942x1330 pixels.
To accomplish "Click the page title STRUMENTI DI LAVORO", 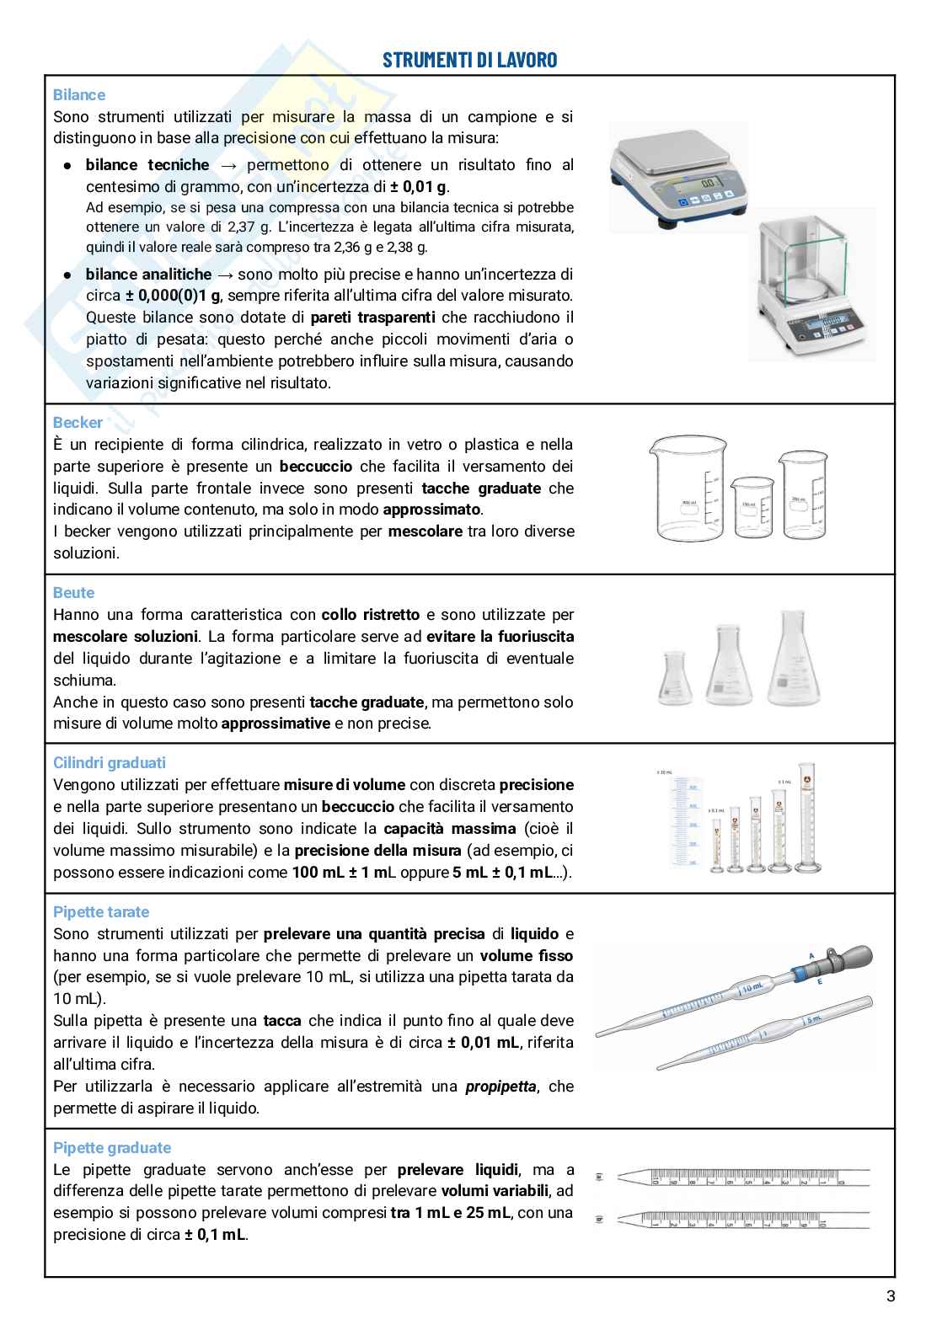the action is (470, 60).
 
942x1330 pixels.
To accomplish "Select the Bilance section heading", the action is (79, 95).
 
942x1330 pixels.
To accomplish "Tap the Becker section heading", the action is (78, 423).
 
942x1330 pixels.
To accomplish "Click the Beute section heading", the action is (73, 593).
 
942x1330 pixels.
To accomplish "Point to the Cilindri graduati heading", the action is (110, 763).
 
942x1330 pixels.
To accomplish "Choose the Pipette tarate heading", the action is (101, 912).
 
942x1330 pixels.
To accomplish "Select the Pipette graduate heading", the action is (112, 1148).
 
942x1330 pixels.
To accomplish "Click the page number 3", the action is (891, 1296).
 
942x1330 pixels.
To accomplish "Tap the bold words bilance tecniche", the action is (147, 165).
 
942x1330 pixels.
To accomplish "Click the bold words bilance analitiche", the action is (148, 275).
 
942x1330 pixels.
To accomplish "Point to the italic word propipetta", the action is (500, 1087).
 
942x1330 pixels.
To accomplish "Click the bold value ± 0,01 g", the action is (420, 187).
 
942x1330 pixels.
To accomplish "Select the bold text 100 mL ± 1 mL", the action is (344, 873).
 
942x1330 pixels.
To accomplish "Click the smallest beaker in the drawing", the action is (752, 507).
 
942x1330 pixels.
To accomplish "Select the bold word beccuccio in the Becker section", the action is (316, 467).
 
